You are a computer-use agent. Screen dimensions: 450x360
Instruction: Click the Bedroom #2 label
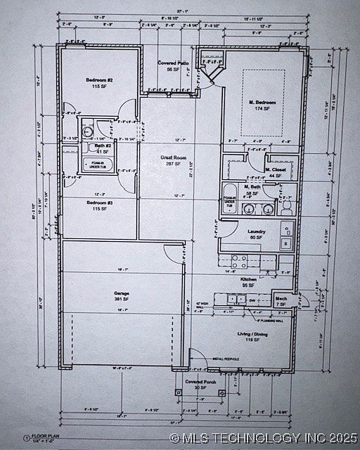100,80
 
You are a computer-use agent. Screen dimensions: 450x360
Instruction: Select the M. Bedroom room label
262,103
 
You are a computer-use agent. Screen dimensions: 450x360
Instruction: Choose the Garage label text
122,292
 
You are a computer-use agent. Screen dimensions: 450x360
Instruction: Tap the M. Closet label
276,170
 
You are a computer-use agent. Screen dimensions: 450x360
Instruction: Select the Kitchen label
249,279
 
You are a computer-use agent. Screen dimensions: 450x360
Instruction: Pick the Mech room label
281,299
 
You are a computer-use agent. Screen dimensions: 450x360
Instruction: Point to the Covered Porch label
195,382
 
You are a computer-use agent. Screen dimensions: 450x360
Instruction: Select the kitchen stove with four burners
239,262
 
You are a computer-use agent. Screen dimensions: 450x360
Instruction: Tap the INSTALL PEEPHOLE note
226,359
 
